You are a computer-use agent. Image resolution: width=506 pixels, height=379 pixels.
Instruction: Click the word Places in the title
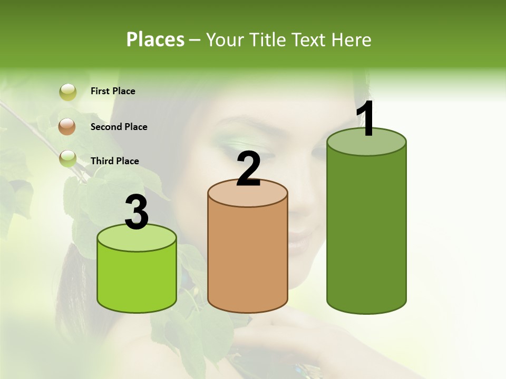tap(155, 39)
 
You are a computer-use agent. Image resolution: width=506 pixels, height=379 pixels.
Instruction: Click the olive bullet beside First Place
tap(68, 92)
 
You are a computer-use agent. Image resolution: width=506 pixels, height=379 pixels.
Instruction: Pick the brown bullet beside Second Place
tap(67, 126)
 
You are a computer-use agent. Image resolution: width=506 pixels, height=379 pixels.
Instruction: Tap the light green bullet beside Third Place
tap(68, 158)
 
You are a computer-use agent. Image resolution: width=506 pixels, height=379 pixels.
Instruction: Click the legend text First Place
tap(113, 91)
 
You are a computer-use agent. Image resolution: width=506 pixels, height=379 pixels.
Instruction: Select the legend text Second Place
tap(119, 127)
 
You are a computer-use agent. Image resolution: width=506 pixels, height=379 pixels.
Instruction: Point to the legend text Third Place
tap(114, 161)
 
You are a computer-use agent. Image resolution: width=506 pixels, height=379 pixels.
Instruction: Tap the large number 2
tap(249, 169)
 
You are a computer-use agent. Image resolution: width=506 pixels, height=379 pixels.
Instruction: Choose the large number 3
tap(137, 212)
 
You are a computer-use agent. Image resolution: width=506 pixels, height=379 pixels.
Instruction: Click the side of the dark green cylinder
tap(366, 232)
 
